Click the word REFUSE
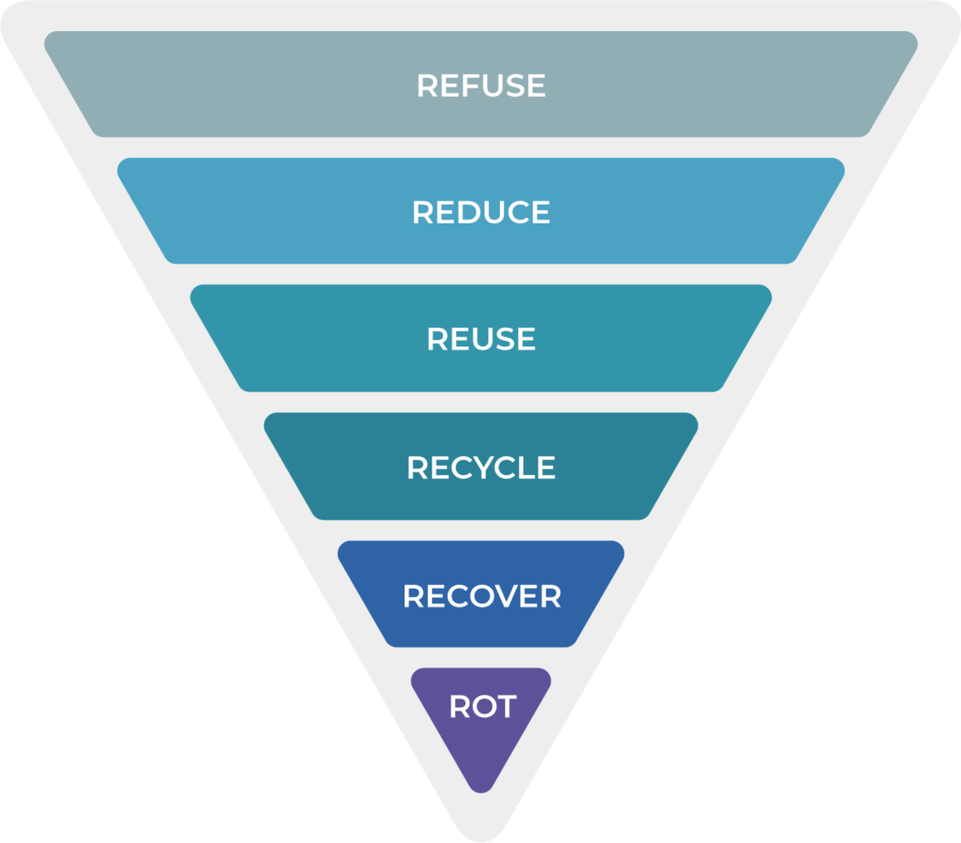coord(480,85)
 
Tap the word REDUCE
coord(480,212)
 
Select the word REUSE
coord(480,339)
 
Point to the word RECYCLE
coord(480,467)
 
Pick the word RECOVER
coord(481,596)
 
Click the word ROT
coord(482,706)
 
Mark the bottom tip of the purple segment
coord(480,787)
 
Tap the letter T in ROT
coord(506,706)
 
